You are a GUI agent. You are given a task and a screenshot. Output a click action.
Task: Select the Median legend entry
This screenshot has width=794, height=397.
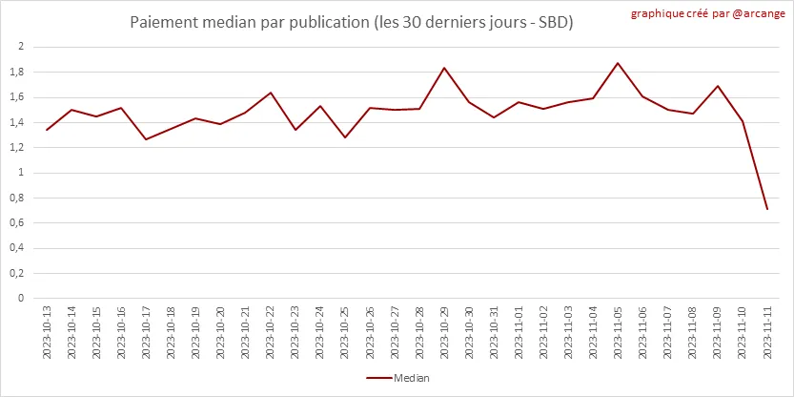coord(397,378)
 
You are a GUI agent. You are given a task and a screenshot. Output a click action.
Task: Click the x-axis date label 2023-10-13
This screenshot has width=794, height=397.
coord(47,331)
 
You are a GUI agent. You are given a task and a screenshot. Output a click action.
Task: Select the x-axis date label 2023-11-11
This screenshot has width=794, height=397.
coord(767,331)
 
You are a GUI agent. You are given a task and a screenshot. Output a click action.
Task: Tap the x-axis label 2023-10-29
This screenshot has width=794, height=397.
coord(444,331)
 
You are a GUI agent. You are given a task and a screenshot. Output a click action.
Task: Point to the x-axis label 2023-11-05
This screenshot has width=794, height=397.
coord(619,331)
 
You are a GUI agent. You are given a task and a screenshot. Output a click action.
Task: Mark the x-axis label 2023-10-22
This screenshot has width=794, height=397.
coord(271,331)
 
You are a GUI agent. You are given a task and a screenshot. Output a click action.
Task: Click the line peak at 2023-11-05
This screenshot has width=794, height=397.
coord(618,63)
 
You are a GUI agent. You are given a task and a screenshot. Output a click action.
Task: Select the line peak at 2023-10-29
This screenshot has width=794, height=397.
coord(444,68)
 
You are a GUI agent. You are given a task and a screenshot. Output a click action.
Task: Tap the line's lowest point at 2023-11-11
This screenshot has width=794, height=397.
coord(767,209)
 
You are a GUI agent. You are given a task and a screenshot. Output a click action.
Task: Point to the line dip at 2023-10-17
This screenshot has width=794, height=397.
coord(146,139)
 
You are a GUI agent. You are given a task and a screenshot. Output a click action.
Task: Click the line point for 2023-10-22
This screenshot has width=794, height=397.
coord(271,93)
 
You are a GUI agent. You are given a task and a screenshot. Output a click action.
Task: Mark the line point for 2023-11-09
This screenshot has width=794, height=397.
coord(718,86)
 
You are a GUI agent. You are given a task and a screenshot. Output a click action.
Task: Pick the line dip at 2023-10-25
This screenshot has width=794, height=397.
coord(345,137)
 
